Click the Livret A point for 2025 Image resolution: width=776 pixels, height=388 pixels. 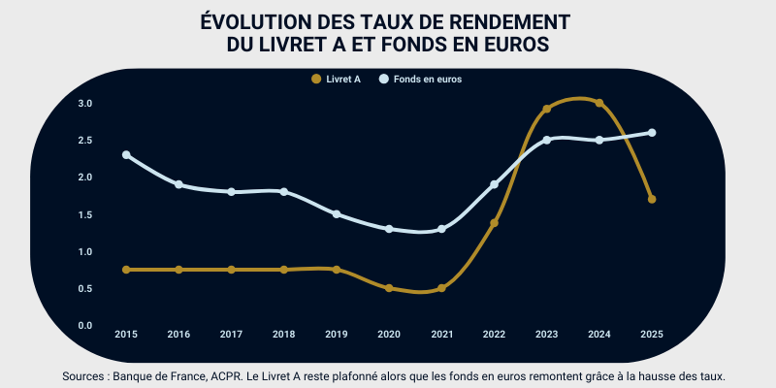(x=652, y=200)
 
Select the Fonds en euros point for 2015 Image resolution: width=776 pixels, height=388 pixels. (x=126, y=155)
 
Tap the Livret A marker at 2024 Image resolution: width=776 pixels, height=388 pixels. (x=599, y=103)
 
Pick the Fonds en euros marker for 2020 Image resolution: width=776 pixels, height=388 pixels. (x=389, y=229)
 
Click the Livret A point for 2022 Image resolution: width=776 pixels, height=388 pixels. (x=494, y=223)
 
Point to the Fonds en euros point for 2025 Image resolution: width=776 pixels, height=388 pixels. (x=652, y=133)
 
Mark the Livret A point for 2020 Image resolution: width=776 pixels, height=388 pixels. (x=389, y=288)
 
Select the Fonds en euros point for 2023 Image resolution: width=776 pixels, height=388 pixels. (x=546, y=140)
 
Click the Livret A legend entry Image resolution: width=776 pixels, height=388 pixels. (x=337, y=80)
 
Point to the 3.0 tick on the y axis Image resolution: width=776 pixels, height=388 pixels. (x=84, y=103)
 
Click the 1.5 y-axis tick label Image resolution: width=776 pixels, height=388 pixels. (x=84, y=214)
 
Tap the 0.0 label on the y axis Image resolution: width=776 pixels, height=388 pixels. (x=84, y=325)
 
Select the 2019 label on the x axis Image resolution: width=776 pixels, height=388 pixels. (x=337, y=334)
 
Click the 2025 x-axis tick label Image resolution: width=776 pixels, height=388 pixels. (x=652, y=334)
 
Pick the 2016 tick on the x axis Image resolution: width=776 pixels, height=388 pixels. (x=178, y=334)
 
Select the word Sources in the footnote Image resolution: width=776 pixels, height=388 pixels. (x=84, y=375)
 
